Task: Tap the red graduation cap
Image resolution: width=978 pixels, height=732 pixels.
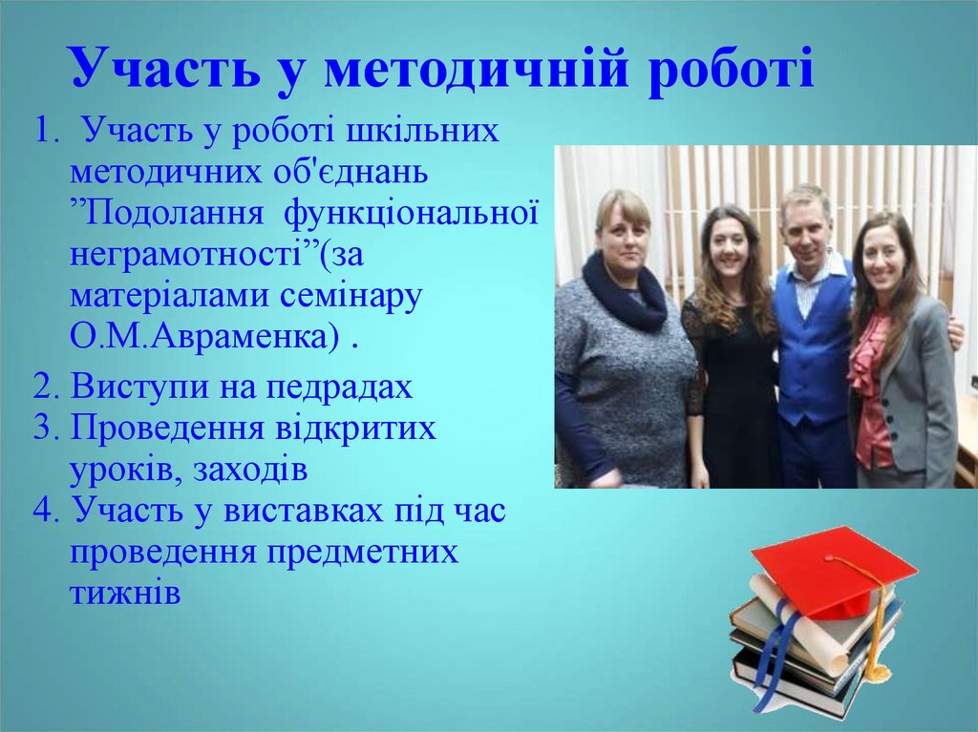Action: [x=832, y=569]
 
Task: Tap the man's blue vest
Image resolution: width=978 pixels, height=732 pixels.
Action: [x=813, y=344]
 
